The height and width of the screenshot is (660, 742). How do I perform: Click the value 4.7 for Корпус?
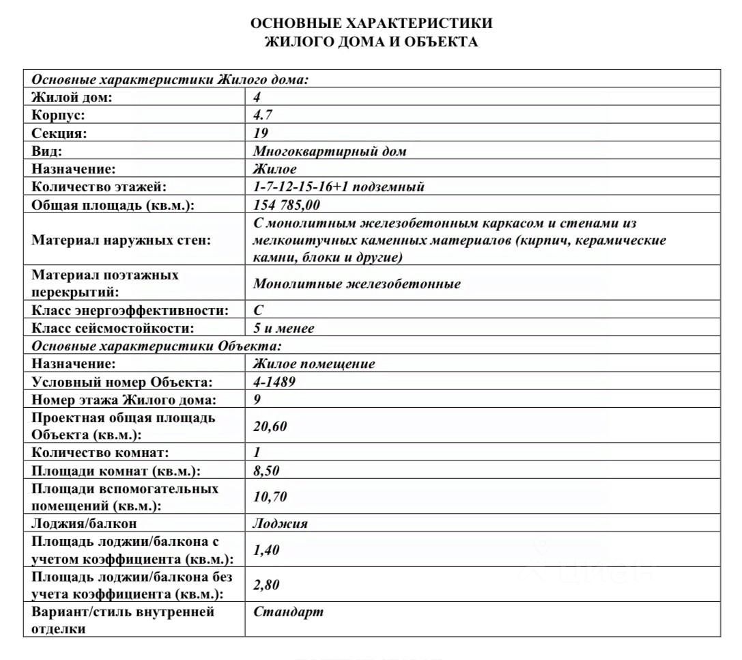(263, 115)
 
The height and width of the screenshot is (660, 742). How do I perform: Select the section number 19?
(261, 133)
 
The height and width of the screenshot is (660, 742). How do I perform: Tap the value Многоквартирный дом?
(330, 151)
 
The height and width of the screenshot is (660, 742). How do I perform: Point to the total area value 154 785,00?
(287, 205)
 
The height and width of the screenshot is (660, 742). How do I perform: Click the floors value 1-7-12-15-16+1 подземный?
(339, 187)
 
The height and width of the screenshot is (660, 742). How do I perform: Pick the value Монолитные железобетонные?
(356, 284)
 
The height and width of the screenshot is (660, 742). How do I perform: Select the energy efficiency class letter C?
(258, 310)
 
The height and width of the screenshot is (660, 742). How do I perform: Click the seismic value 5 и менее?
(284, 328)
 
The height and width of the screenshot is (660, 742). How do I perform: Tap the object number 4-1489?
(274, 381)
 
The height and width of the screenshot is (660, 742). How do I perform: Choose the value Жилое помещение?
(314, 363)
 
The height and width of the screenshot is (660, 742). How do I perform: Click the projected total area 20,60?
(270, 426)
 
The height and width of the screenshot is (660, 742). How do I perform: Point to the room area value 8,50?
(266, 471)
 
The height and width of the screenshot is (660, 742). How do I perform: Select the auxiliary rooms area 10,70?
(270, 497)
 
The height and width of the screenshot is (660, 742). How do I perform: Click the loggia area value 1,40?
(266, 550)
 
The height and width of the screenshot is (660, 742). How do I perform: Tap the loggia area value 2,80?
(266, 585)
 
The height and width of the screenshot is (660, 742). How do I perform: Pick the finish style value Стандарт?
(288, 611)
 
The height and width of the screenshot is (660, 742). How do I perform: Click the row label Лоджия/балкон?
(84, 523)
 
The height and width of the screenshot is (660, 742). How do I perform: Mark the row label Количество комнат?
(100, 452)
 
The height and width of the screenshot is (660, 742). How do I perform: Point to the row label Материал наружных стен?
(122, 240)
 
